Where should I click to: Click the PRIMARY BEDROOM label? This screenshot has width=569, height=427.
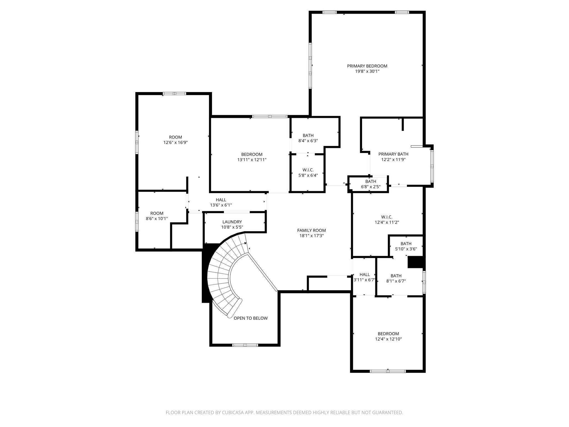pos(367,66)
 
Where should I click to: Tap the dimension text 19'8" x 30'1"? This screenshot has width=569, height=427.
pos(367,71)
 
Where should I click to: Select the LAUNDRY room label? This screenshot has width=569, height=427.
pos(232,222)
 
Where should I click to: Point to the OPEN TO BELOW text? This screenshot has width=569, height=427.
pos(250,318)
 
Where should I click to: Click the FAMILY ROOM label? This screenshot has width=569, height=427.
pos(311,230)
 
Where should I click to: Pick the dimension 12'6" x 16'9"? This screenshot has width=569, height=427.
pos(175,143)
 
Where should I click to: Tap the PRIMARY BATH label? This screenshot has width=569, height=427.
pos(393,154)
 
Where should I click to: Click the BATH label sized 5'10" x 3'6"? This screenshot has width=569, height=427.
pos(406,244)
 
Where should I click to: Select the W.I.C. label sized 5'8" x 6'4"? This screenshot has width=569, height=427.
pos(308,170)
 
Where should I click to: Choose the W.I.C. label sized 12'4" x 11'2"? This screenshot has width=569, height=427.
pos(387,217)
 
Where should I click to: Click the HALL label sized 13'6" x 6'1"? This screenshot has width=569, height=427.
pos(221,200)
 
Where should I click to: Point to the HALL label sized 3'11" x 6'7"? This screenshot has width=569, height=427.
pos(365,275)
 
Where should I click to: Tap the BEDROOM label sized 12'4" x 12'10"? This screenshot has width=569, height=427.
pos(388,334)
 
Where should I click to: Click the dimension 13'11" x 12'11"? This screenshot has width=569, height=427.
pos(252,160)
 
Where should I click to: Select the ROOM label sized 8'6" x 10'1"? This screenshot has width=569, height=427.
pos(157,213)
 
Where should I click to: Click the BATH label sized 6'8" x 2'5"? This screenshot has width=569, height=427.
pos(371,182)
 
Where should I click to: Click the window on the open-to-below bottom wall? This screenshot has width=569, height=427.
pos(245,345)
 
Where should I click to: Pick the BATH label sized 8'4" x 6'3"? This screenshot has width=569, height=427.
pos(308,136)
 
